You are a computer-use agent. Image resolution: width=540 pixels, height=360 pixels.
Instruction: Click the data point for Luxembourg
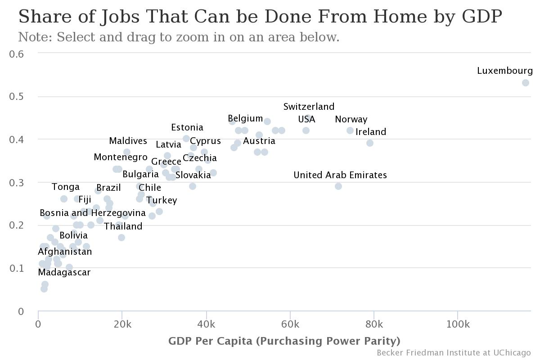tap(526, 83)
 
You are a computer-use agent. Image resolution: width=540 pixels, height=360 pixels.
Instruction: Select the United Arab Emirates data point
tap(338, 186)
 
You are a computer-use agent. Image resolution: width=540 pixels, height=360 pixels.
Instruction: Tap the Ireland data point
tap(370, 143)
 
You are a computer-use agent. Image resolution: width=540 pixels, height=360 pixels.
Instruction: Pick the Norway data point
tap(350, 130)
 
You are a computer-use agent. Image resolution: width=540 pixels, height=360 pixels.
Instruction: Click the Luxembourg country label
tap(504, 71)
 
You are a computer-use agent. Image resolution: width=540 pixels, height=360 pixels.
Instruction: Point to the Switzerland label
tap(309, 107)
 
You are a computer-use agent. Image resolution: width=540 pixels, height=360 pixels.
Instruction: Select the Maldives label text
tap(128, 141)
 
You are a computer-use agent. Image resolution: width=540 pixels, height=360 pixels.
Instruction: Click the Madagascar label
tap(64, 273)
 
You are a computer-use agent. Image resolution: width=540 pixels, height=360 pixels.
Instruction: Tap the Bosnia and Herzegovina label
tap(92, 213)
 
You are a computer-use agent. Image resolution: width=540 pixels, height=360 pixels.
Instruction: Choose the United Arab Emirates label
tap(340, 175)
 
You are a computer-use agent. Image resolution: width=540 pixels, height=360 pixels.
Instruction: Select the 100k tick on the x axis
tap(458, 324)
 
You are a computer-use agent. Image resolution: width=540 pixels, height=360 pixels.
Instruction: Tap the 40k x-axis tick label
tap(206, 324)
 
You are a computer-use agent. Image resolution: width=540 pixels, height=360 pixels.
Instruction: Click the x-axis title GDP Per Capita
tap(284, 341)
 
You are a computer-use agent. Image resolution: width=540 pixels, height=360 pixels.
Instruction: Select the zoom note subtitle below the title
tap(179, 37)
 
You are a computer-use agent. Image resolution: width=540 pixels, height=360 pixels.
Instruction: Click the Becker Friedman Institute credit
tap(454, 353)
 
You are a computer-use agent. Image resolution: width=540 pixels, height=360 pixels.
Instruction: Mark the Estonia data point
tap(186, 139)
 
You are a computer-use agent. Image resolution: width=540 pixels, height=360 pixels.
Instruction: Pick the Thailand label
tap(123, 227)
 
